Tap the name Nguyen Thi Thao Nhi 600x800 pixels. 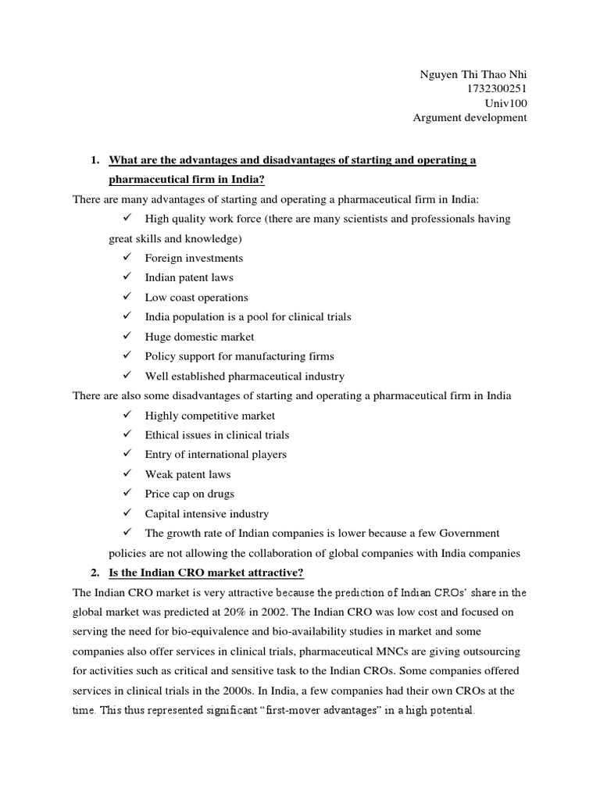tap(473, 74)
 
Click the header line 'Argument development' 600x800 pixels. tap(470, 118)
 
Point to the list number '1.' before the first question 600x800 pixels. tap(95, 160)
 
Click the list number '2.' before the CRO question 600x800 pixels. tap(95, 573)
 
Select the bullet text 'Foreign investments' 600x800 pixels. tap(194, 258)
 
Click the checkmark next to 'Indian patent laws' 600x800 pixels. tap(127, 277)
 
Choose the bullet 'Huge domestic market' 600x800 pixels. tap(199, 337)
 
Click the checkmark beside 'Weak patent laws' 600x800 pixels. tap(127, 474)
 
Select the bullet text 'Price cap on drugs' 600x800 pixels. tap(189, 494)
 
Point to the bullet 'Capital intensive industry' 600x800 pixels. tap(206, 514)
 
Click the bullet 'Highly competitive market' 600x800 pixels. tap(209, 416)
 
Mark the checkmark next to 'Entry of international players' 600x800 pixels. tap(127, 454)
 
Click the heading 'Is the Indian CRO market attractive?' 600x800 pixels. tap(197, 573)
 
